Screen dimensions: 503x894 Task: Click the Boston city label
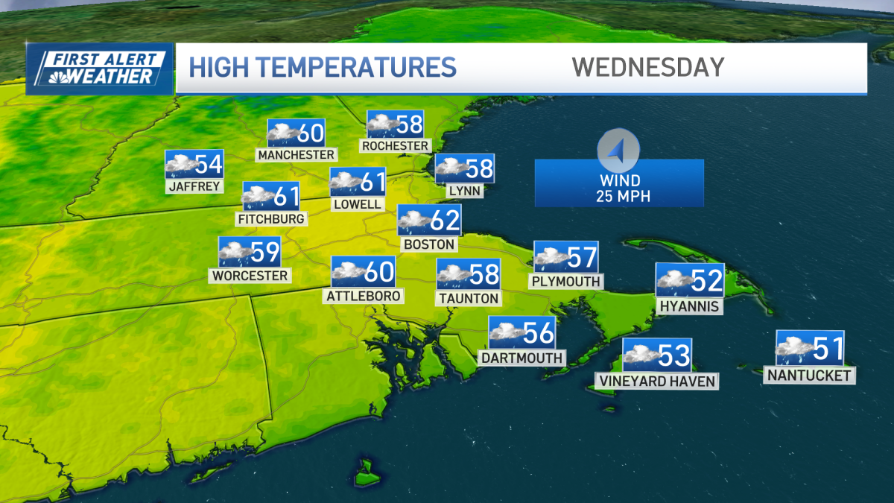pos(428,244)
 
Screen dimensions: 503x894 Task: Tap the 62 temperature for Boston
pos(445,221)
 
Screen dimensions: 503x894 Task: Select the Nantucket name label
pos(809,376)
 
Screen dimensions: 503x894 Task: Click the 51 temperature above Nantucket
pos(828,348)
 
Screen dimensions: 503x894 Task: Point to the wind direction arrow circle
pos(618,150)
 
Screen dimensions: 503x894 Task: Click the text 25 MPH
pos(619,196)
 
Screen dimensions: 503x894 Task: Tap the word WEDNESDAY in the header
pos(647,67)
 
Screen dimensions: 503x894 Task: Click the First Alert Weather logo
pos(100,69)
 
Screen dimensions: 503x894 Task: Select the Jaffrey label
pos(194,186)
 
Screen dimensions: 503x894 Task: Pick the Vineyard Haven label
pos(656,382)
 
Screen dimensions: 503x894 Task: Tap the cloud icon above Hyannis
pos(674,280)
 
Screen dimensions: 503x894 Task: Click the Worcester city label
pos(250,276)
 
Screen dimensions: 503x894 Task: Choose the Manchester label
pos(296,154)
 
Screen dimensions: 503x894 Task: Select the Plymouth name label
pos(565,282)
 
